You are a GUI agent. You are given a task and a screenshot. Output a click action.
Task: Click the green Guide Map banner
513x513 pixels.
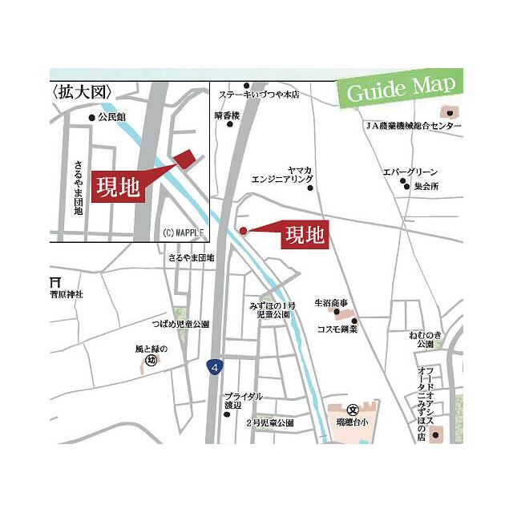click(398, 88)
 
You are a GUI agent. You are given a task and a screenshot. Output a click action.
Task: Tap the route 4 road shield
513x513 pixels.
click(213, 367)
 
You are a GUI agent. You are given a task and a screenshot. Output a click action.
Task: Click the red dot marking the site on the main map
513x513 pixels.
click(244, 231)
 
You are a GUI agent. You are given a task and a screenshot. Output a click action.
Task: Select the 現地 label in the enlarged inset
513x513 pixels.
click(119, 187)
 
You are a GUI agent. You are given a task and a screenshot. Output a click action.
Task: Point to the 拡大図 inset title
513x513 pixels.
click(81, 92)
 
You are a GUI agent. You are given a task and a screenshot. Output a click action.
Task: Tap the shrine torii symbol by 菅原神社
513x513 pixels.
click(55, 282)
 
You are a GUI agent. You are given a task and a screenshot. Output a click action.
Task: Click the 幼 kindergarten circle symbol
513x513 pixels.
click(150, 361)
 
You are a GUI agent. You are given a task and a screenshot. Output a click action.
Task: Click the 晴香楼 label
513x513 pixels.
click(228, 115)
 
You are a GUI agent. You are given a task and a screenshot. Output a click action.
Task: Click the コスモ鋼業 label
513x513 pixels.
click(337, 329)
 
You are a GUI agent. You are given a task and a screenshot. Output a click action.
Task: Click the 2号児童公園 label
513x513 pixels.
click(269, 422)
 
